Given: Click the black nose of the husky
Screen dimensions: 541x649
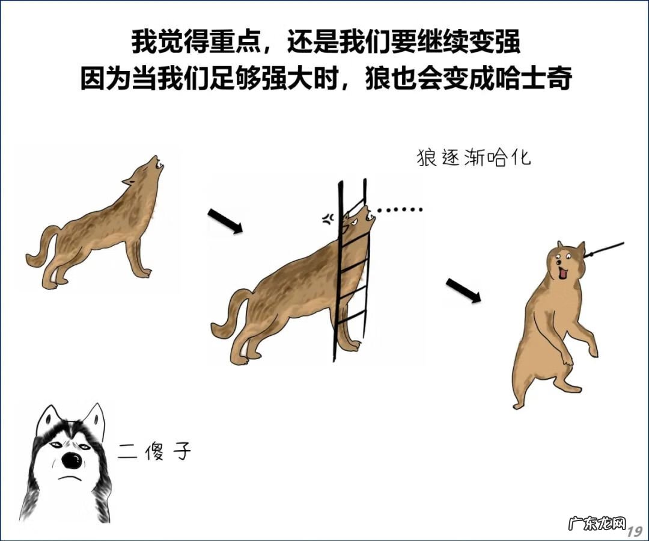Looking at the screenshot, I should pos(72,460).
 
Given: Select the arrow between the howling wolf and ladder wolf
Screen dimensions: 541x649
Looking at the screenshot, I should pos(225,221).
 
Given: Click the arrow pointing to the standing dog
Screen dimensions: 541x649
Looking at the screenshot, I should pos(463,291).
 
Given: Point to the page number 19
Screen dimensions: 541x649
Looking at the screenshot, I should pos(635,531).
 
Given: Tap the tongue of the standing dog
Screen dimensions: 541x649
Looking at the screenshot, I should pos(563,274).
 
